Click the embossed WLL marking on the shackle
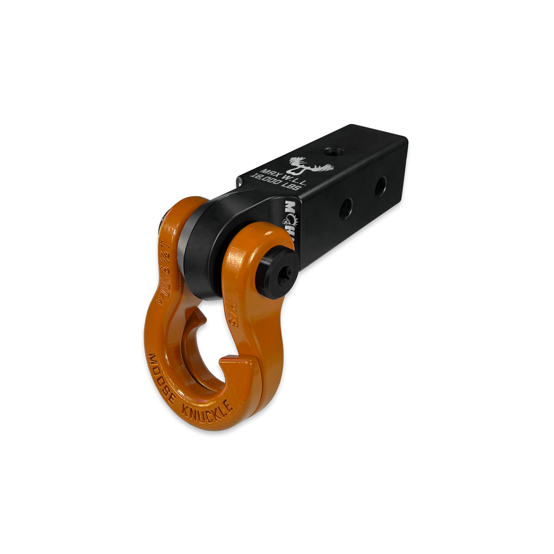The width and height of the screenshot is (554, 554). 161,295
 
